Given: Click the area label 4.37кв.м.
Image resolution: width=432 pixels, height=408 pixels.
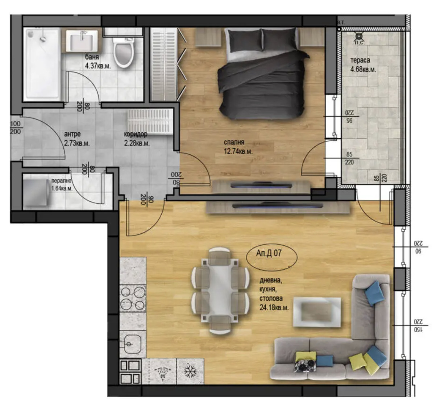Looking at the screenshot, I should (98, 66).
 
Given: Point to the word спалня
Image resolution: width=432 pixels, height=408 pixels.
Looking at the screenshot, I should (234, 142).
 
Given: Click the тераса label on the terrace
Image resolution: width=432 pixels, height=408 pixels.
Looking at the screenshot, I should (360, 61).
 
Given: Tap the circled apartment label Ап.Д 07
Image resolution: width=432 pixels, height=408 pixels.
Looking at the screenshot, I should (269, 253).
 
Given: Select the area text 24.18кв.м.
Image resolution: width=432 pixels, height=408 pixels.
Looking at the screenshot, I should (274, 308).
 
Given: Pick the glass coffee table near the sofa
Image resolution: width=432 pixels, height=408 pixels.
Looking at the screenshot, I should (317, 311).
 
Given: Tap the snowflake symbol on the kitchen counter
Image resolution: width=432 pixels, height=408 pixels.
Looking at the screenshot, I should (190, 371).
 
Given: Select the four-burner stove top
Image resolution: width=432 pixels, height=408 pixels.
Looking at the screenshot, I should (133, 299).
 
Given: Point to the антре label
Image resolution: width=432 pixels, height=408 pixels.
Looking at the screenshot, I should (72, 134).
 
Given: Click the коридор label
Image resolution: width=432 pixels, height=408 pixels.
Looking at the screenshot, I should (136, 134).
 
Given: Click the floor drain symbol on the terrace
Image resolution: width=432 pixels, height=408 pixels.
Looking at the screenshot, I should (359, 36).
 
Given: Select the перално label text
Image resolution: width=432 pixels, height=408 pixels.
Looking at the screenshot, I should (61, 181).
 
